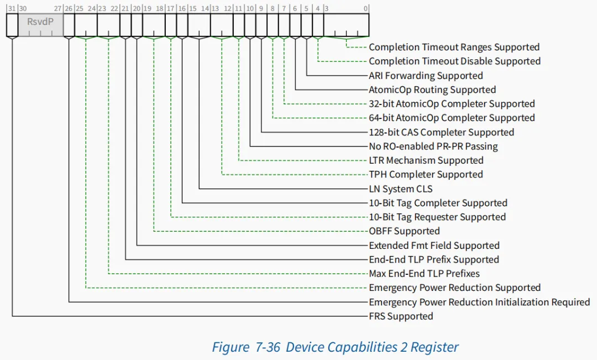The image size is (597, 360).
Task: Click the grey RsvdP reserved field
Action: point(41,25)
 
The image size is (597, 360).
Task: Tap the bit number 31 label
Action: point(12,8)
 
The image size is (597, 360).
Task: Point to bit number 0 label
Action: point(365,8)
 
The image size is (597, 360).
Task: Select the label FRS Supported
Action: point(401,316)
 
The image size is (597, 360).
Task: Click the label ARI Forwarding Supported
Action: point(426,75)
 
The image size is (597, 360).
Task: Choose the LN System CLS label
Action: point(401,189)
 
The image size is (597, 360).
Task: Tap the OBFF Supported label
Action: point(404,231)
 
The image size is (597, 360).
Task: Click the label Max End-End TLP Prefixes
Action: point(424,274)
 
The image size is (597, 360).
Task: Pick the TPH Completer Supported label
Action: point(426,175)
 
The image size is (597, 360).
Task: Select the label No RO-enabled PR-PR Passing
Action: point(433,147)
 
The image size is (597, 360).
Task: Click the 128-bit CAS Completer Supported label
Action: point(441,132)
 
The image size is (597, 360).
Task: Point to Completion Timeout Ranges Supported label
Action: point(454,47)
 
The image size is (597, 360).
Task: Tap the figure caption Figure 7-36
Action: point(246,347)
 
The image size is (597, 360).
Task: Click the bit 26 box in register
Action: point(69,25)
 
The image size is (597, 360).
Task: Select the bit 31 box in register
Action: point(12,25)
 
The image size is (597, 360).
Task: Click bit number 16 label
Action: point(182,8)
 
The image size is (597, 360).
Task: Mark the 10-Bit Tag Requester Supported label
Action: point(437,217)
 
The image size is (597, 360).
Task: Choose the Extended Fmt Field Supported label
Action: point(434,246)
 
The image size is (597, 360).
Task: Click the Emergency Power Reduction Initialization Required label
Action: point(479,302)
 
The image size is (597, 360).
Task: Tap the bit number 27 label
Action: point(58,8)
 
